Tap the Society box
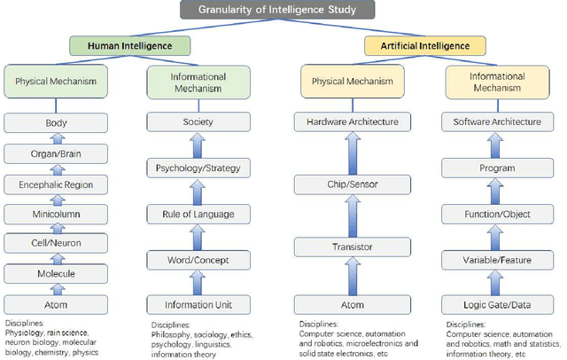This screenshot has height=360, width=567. click(x=198, y=121)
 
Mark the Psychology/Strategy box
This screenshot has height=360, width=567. click(x=198, y=168)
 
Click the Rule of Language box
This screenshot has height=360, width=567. click(x=198, y=214)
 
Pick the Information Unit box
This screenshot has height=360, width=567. click(x=198, y=304)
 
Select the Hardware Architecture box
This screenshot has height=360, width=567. click(x=352, y=121)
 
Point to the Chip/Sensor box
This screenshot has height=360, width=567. click(x=352, y=184)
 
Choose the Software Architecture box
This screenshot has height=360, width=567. click(x=497, y=121)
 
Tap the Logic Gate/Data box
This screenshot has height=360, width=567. click(x=497, y=304)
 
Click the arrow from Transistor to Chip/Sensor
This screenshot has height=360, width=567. click(x=352, y=216)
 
